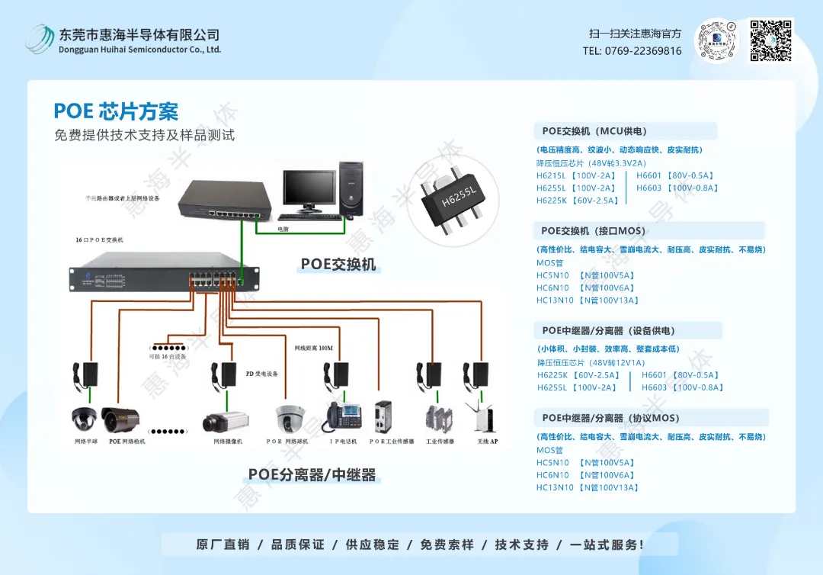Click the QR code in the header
point(771,40)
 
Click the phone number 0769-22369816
point(632,51)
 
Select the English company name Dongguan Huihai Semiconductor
point(139,50)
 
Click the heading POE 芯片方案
point(116,111)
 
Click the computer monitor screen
point(309,189)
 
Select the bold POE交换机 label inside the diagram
point(338,265)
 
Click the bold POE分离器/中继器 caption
point(312,475)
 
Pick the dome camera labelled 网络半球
point(84,418)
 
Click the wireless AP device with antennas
point(482,416)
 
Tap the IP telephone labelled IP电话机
point(344,416)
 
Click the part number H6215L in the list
point(551,175)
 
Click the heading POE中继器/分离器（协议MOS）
point(610,418)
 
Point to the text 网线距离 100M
point(314,349)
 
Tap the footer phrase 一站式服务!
point(607,544)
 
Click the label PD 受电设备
point(261,374)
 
